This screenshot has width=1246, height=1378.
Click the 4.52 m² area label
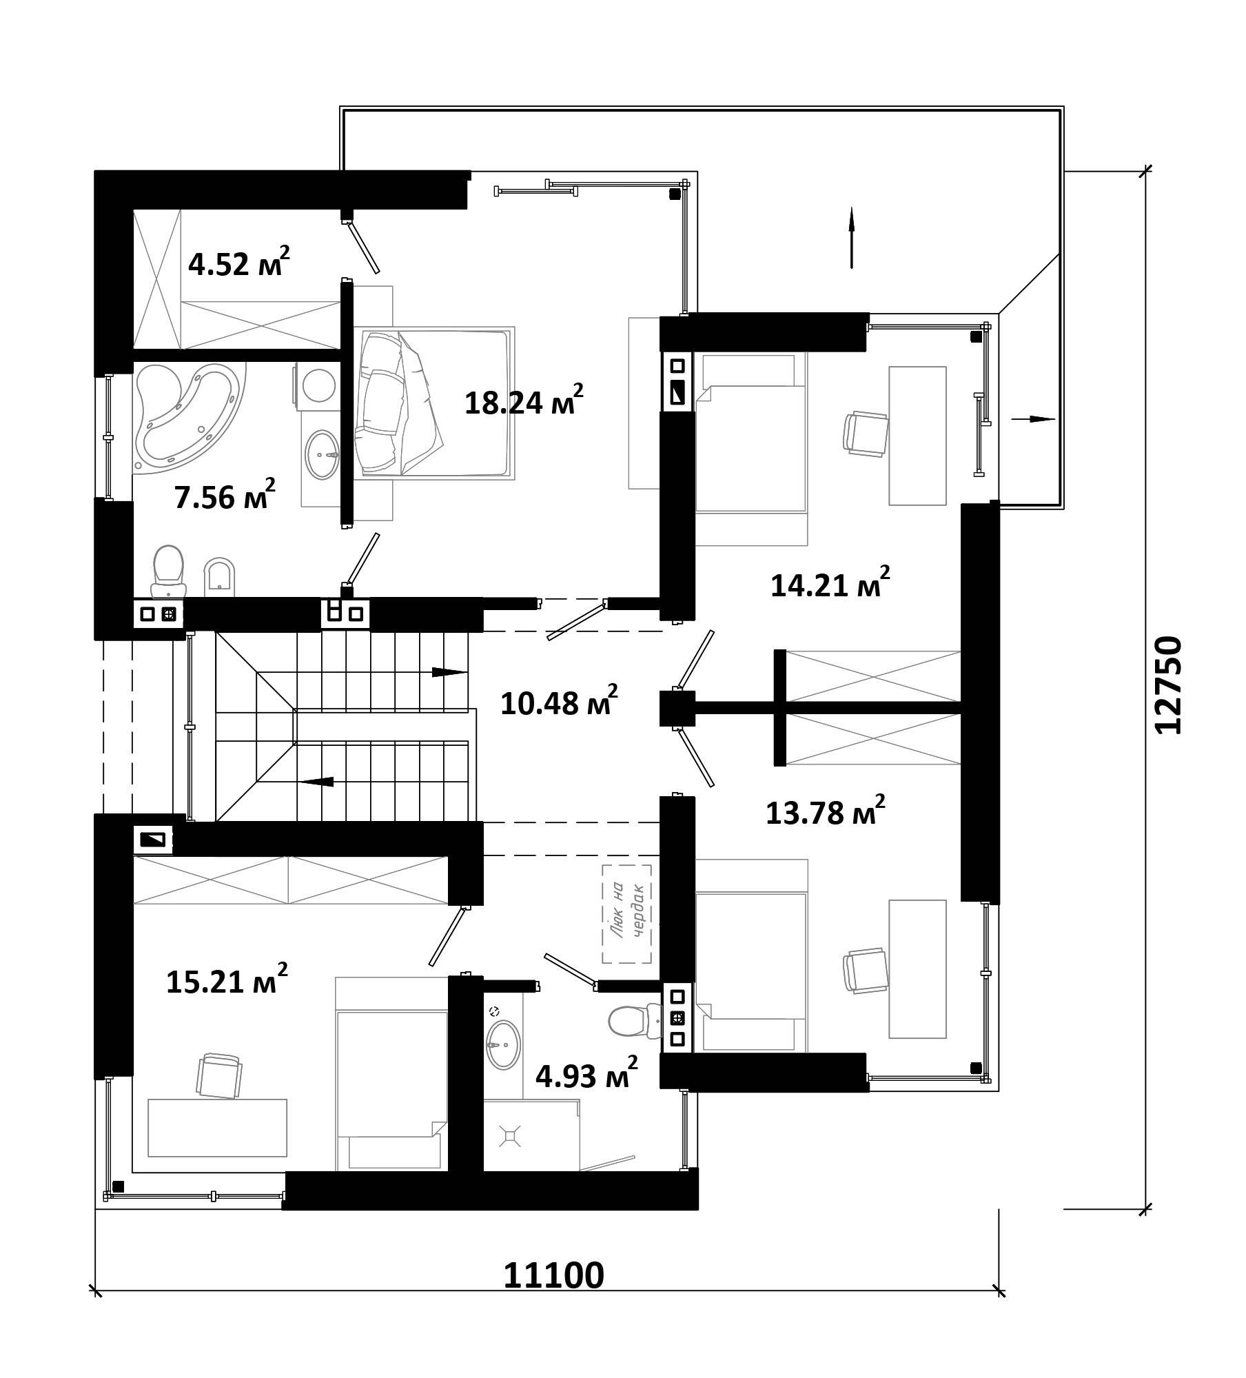coord(238,262)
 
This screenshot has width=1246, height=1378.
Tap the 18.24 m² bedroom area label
coord(524,401)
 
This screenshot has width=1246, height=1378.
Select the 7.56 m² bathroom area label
coord(225,495)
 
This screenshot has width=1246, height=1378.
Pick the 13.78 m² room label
coord(825,811)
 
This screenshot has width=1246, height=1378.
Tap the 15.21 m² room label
coord(227,980)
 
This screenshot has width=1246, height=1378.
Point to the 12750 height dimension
coord(1167,685)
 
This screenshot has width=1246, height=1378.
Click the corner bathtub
coord(190,418)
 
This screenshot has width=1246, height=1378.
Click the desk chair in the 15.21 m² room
coord(219,1075)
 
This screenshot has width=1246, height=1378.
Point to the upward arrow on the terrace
coord(852,237)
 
